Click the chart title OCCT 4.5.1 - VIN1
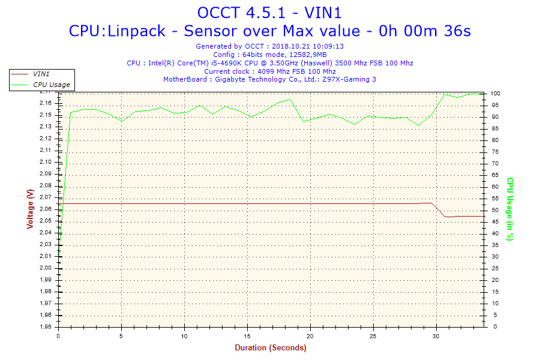coord(269,13)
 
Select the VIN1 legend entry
coord(41,74)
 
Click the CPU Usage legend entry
coord(51,85)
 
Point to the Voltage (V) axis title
coord(30,209)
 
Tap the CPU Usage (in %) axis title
coord(510,209)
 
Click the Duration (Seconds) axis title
coord(270,347)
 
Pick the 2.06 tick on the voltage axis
coord(46,209)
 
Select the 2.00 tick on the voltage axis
coord(46,268)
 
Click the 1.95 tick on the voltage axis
coord(46,327)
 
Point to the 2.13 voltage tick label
coord(46,127)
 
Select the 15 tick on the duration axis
coord(247,335)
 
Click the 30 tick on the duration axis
coord(436,335)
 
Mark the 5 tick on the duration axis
coord(121,335)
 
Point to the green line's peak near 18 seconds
coord(290,100)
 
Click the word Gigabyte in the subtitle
coord(232,79)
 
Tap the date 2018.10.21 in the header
coord(290,46)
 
